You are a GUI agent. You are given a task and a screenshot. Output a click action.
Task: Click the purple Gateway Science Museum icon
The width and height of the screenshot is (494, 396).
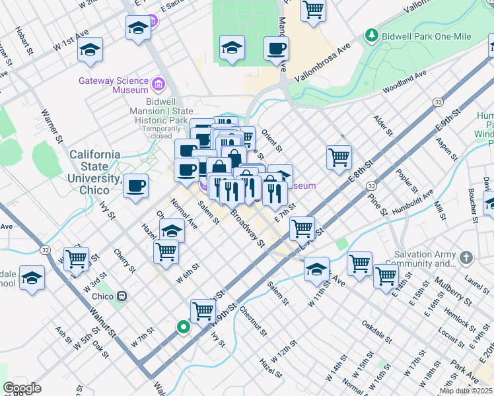pos(158,84)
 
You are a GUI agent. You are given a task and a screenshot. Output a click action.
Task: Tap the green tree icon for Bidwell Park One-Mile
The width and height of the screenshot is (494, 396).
pos(372,36)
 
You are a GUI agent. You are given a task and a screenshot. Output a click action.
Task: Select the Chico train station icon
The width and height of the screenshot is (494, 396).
pos(121,296)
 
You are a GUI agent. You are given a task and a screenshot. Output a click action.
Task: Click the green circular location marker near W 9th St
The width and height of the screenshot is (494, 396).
pos(183,326)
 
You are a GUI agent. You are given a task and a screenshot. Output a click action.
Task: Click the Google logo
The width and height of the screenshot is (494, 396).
pos(22,388)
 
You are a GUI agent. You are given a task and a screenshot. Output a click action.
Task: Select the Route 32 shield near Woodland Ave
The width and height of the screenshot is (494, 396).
pos(438,102)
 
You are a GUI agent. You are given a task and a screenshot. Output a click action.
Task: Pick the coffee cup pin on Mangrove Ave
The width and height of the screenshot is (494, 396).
pos(276,48)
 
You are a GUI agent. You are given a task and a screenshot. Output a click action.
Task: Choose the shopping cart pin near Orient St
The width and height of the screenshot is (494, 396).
pos(339,156)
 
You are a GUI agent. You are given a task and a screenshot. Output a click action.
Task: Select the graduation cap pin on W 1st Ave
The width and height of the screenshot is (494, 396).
pos(90,49)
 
